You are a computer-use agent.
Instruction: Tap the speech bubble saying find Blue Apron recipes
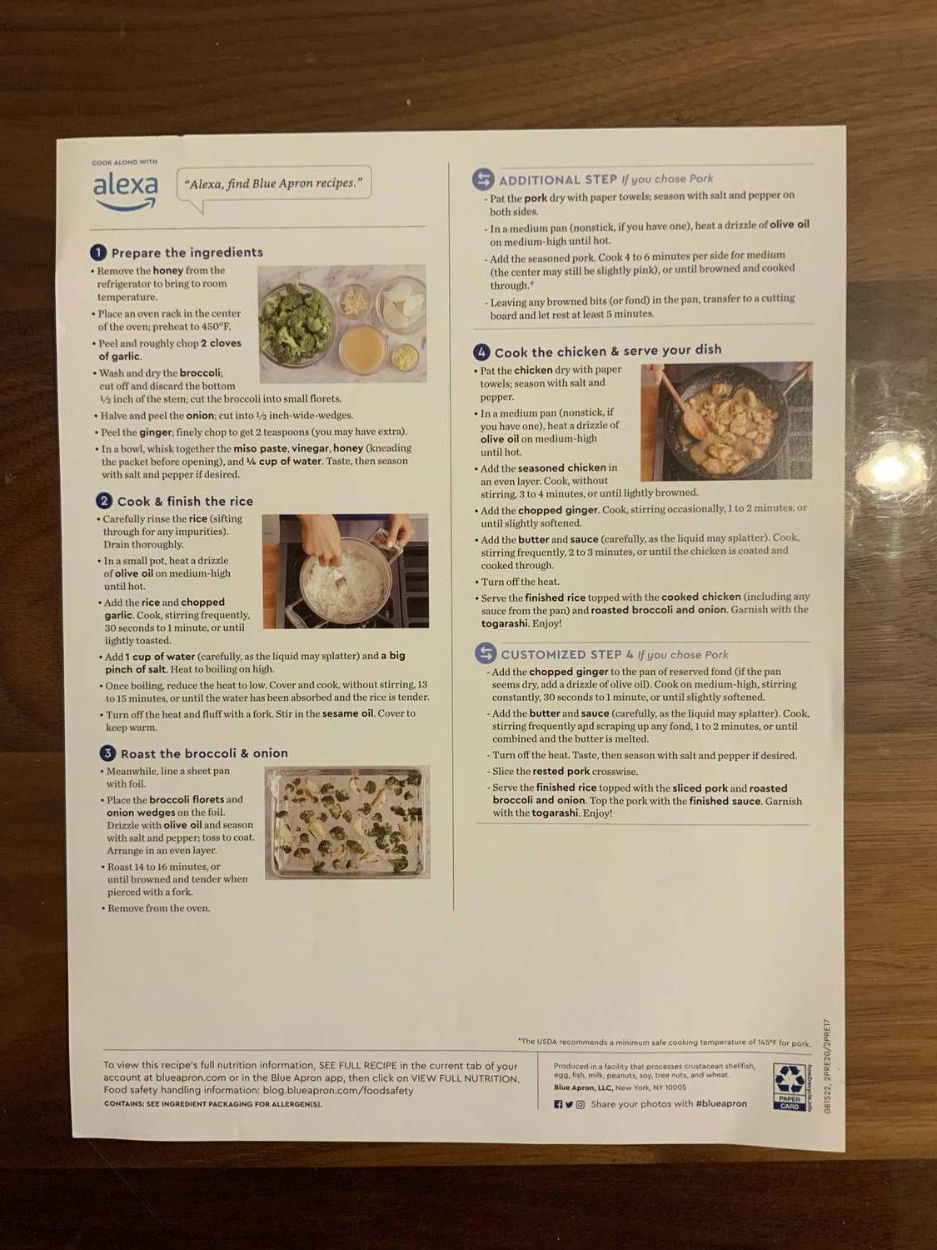[274, 184]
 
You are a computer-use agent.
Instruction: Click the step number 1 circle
[98, 252]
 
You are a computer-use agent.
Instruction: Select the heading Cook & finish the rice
[185, 501]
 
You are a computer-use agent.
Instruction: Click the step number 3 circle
[107, 753]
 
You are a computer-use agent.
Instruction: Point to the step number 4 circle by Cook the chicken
[481, 352]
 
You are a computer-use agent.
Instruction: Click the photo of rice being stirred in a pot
[345, 571]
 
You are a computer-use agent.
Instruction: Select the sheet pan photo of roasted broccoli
[347, 822]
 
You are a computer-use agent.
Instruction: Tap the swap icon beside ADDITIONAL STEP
[483, 179]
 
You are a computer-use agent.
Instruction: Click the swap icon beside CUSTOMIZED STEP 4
[486, 654]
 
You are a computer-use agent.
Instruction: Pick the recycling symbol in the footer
[788, 1081]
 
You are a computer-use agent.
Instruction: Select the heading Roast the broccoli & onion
[204, 753]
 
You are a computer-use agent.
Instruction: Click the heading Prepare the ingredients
[187, 252]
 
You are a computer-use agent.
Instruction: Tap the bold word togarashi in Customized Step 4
[556, 813]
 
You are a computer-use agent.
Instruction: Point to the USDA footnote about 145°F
[664, 1042]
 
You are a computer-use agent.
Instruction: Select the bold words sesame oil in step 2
[347, 713]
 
